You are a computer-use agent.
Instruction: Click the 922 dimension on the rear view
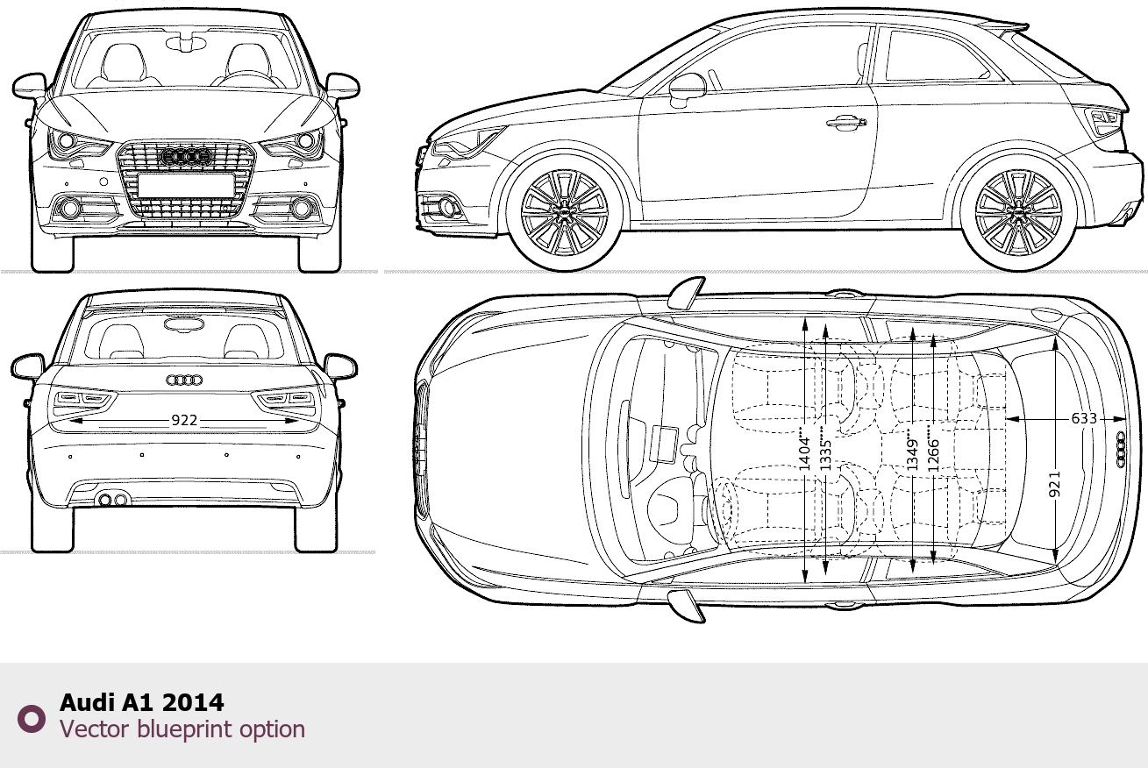click(183, 421)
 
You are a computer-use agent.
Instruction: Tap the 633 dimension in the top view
click(1084, 419)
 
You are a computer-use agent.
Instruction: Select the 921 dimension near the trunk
click(1054, 484)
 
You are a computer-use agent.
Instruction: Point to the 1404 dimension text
click(805, 450)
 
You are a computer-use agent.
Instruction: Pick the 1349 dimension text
click(913, 450)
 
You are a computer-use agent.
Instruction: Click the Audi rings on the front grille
click(185, 157)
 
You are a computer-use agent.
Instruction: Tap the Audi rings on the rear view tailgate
click(184, 380)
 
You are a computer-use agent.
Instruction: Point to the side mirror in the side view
click(687, 88)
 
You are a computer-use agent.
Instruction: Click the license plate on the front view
click(185, 185)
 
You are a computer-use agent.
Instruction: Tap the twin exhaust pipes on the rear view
click(112, 500)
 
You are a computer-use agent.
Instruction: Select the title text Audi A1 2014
click(141, 702)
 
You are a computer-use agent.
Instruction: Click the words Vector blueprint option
click(182, 729)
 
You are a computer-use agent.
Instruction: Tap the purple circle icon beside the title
click(32, 719)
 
